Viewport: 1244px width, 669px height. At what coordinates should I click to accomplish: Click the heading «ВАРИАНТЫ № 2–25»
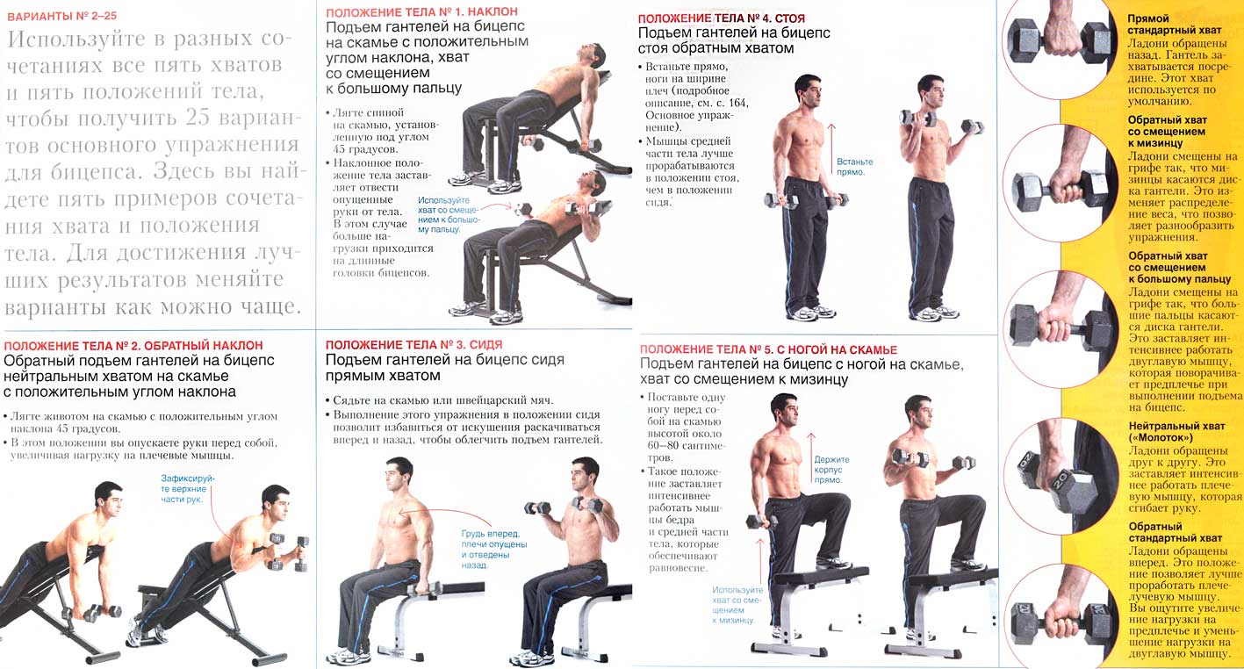click(62, 16)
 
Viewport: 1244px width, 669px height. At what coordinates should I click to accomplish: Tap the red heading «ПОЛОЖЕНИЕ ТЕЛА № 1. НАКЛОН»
click(421, 12)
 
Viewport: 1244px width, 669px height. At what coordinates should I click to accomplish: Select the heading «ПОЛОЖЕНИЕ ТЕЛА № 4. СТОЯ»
click(722, 19)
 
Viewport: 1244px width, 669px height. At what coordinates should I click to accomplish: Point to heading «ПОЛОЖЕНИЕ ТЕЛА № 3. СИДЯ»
click(413, 345)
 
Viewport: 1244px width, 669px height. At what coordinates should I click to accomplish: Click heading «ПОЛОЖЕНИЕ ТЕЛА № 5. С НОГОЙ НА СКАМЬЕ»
click(768, 349)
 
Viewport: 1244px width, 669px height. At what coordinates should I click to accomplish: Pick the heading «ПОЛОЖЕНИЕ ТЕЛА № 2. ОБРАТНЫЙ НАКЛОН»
click(133, 346)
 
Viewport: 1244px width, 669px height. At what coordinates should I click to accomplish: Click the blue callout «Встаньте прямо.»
click(855, 167)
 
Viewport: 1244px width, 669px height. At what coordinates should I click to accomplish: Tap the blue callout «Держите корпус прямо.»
click(831, 470)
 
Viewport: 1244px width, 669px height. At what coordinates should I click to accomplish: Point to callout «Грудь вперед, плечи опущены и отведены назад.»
click(493, 549)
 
